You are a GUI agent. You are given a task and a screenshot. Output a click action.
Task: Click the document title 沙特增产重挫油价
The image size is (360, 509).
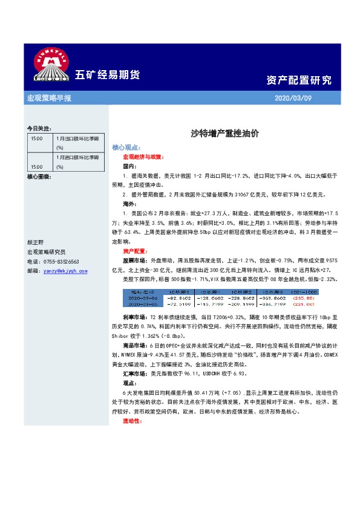coord(224,134)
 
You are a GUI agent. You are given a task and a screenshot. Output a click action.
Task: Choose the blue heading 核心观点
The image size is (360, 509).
coord(126,148)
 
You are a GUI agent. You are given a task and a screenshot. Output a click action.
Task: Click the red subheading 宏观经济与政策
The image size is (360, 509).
coord(143,157)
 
